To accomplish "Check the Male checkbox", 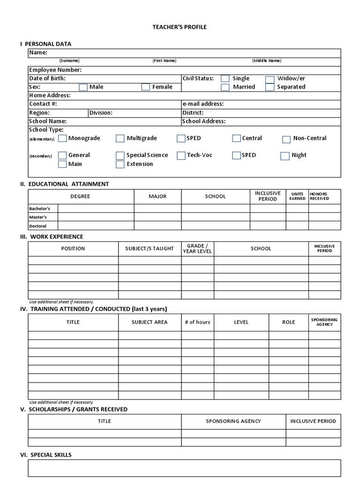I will click(83, 87).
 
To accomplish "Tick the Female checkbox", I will click(146, 87).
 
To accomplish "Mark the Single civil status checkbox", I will click(225, 79).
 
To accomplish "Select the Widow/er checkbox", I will click(270, 79).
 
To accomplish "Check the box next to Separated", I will click(270, 87).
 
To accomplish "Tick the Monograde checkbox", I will click(62, 139).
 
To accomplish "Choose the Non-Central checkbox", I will click(286, 139).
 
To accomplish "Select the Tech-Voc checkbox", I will click(181, 156).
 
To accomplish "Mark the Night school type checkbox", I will click(285, 156).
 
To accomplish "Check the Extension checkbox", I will click(120, 165).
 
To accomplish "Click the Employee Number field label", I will click(55, 70).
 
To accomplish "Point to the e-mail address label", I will click(203, 104).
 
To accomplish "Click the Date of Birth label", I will click(47, 78).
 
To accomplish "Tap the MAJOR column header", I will click(157, 196).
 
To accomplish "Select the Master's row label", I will click(38, 217).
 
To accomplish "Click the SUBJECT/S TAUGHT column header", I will click(149, 248).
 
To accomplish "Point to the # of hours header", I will click(197, 322).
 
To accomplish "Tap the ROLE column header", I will click(288, 322).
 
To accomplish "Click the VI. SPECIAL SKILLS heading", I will click(46, 455).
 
